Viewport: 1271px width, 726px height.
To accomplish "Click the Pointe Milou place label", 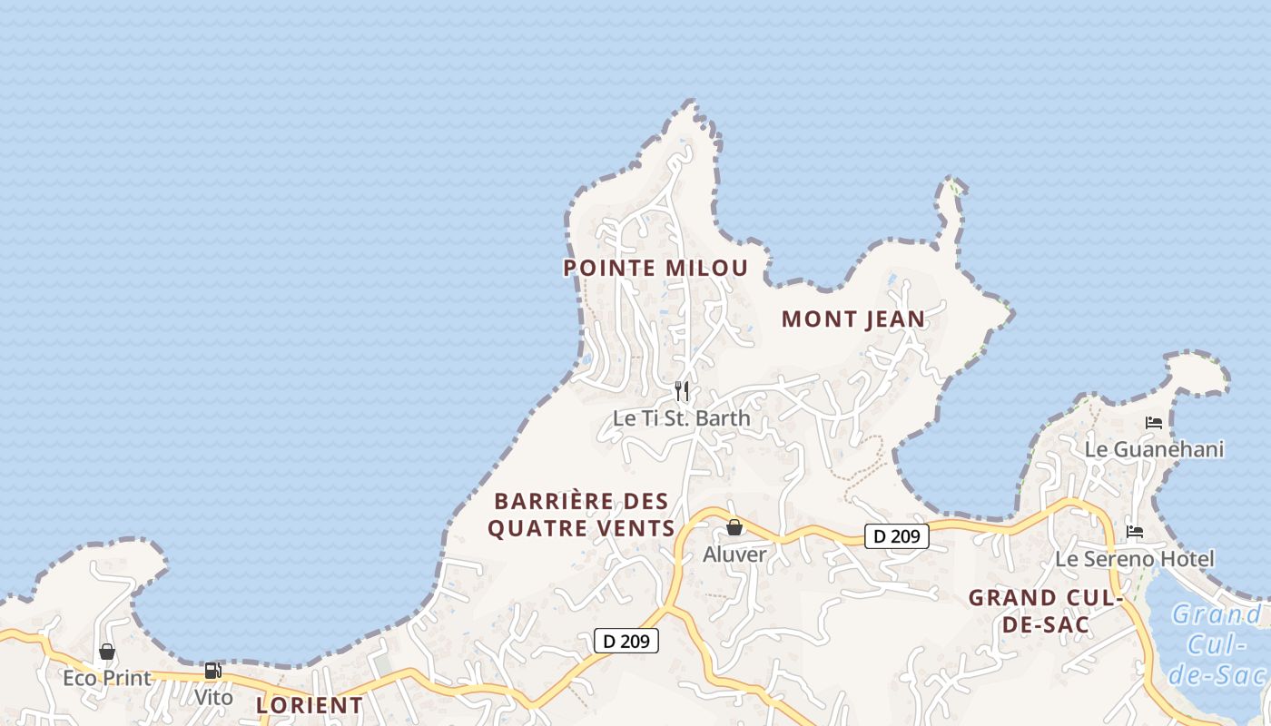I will [655, 268].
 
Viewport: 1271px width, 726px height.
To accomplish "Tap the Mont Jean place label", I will [852, 319].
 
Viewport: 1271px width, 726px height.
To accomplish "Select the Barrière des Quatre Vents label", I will [581, 515].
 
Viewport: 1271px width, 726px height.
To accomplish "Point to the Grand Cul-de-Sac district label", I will [1046, 611].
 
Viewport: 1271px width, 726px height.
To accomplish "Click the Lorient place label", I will [310, 705].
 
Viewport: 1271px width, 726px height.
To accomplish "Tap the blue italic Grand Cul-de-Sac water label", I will [1216, 644].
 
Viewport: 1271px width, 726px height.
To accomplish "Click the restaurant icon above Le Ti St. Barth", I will [682, 391].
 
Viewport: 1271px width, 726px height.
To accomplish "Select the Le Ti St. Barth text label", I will [682, 418].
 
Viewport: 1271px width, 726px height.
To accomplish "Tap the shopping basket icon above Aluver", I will [734, 527].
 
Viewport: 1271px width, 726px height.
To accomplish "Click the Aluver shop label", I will [734, 554].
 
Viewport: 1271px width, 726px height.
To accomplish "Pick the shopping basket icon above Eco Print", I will [107, 652].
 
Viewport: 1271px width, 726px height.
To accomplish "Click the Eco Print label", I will [106, 678].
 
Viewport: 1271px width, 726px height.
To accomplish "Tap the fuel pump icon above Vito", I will [213, 671].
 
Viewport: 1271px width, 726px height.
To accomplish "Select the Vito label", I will [213, 698].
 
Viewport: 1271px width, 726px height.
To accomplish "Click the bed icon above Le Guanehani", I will [1154, 423].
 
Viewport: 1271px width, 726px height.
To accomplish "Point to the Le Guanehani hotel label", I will [1154, 449].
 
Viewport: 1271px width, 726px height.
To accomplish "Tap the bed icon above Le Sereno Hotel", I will [1135, 532].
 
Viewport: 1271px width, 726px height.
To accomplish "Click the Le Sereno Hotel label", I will [1134, 558].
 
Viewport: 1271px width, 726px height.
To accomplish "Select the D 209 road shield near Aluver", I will [896, 536].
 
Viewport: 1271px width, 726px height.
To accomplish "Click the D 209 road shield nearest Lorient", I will [626, 641].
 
